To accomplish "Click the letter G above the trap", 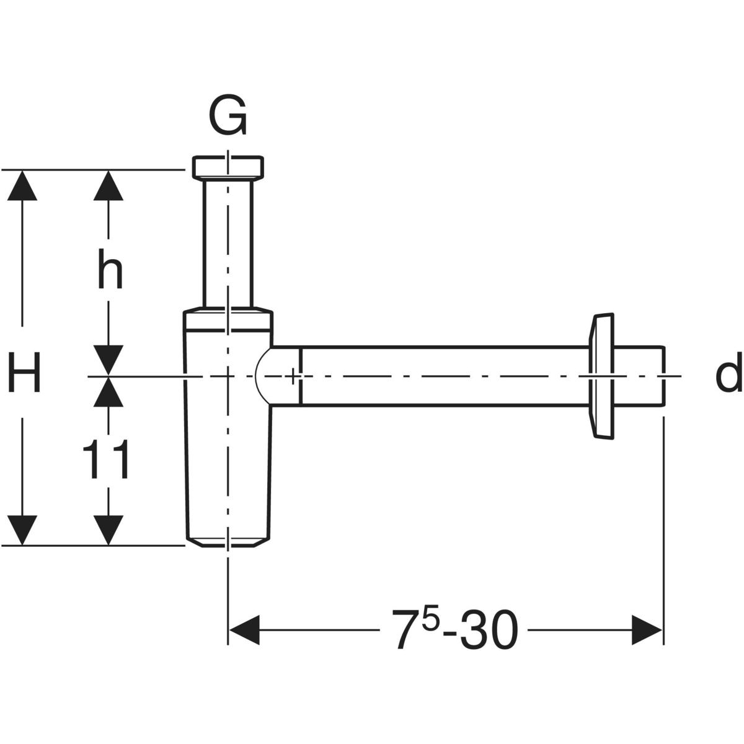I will pyautogui.click(x=228, y=116).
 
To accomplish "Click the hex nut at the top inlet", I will pyautogui.click(x=228, y=166).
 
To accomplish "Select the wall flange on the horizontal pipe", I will pyautogui.click(x=600, y=376).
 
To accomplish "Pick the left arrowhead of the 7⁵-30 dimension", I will pyautogui.click(x=244, y=630).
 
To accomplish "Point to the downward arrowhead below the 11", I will pyautogui.click(x=108, y=530).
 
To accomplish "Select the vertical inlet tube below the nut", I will pyautogui.click(x=228, y=242).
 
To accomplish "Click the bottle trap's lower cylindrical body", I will pyautogui.click(x=228, y=471).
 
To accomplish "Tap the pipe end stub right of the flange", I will pyautogui.click(x=639, y=376).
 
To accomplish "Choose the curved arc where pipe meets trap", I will pyautogui.click(x=260, y=376).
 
